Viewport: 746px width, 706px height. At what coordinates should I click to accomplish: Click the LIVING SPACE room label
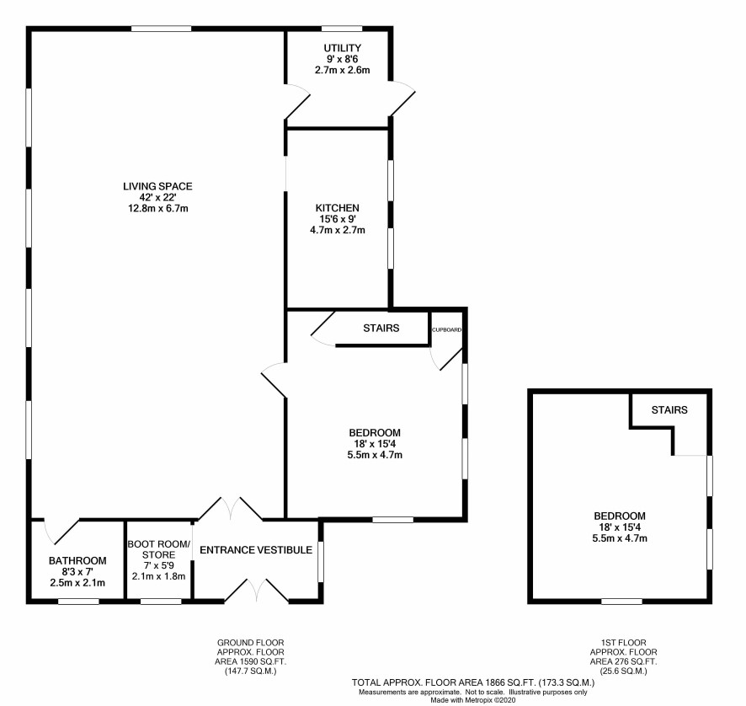[157, 186]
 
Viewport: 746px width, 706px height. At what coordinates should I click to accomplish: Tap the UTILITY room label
[342, 48]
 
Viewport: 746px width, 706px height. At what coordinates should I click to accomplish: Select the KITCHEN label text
[338, 208]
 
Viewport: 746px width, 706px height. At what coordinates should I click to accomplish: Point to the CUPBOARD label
[447, 329]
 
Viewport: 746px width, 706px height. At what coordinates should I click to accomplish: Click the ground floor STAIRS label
[381, 328]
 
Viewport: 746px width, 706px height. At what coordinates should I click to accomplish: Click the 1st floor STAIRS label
[669, 410]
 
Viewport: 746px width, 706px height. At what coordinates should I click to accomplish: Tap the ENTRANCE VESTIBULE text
[256, 550]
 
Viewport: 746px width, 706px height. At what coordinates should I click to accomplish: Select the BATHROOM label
[77, 561]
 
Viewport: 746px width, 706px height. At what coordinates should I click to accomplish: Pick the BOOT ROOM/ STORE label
[159, 549]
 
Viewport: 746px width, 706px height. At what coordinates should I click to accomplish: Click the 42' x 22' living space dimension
[157, 197]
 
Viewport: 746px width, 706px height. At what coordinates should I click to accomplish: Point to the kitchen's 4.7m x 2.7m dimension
[338, 230]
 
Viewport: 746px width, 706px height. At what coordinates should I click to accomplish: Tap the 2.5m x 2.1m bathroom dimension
[77, 583]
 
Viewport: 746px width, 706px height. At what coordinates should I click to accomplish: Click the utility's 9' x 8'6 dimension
[342, 59]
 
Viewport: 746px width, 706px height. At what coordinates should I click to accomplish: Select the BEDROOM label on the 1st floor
[620, 516]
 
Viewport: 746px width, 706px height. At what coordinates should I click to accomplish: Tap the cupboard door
[451, 360]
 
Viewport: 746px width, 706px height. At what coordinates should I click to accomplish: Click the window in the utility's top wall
[342, 29]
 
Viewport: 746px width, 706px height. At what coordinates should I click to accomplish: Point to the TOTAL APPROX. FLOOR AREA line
[473, 682]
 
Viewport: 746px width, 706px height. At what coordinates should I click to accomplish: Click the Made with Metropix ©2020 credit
[473, 700]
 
